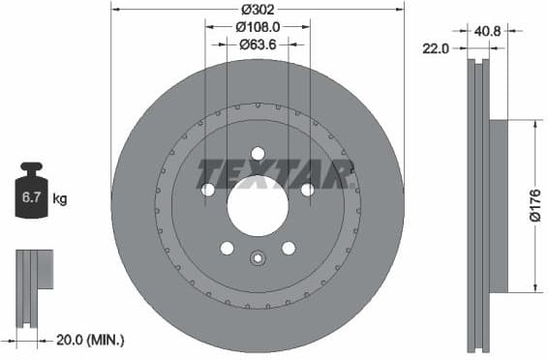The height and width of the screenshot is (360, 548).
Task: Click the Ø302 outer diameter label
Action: click(257, 9)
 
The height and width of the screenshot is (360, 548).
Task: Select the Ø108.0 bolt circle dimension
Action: click(257, 27)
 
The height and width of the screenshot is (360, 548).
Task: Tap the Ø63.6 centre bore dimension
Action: click(257, 44)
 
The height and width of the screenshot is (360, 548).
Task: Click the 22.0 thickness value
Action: click(437, 48)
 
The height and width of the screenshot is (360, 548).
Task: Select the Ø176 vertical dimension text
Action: click(535, 205)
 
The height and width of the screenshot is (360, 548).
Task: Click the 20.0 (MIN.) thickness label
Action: click(91, 340)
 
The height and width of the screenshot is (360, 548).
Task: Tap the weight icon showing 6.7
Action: click(31, 195)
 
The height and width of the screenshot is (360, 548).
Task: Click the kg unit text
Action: click(60, 200)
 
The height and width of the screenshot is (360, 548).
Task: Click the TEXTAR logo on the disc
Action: click(273, 174)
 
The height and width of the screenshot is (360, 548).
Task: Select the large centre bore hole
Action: click(258, 205)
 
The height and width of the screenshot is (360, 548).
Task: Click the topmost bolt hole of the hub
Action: click(258, 153)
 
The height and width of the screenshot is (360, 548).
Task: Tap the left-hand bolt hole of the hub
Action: click(208, 190)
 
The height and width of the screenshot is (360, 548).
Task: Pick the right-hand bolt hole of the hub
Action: click(307, 190)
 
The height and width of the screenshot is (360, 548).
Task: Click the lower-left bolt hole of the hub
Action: click(227, 248)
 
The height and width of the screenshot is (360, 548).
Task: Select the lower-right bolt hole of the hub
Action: click(289, 248)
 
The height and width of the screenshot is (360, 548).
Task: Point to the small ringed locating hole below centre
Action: click(258, 258)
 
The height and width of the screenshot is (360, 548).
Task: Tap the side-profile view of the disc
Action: click(480, 205)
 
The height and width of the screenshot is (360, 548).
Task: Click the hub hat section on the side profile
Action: click(499, 205)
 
